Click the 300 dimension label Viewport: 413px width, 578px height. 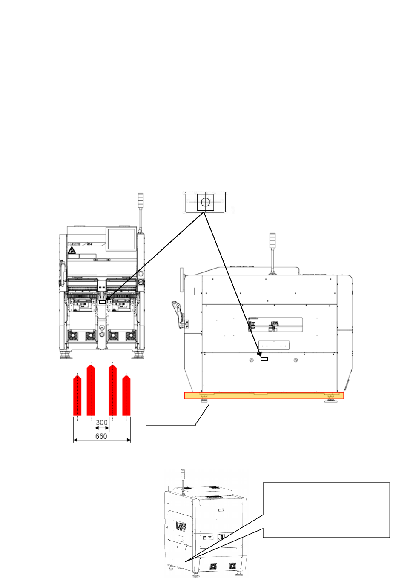pos(102,423)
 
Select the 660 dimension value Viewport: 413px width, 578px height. pos(101,436)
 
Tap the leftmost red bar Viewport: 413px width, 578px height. pos(77,396)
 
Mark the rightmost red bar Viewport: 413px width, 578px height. pos(126,396)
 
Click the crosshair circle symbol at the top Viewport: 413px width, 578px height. pos(205,202)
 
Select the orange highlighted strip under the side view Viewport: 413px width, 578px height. pos(264,396)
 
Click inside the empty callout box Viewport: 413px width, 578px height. pos(326,510)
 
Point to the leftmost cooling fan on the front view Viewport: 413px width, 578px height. pos(73,336)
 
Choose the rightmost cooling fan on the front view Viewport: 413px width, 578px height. pos(131,336)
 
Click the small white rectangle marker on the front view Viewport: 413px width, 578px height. pos(102,302)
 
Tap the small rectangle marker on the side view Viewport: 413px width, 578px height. pos(264,359)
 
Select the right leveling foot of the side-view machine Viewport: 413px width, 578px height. pos(330,399)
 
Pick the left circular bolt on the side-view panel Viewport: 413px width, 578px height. pos(251,360)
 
